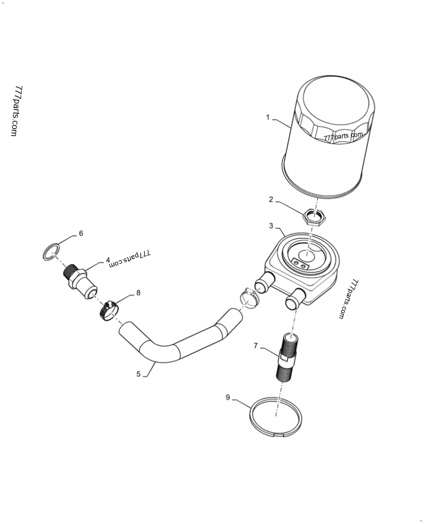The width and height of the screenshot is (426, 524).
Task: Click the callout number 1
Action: (x=268, y=117)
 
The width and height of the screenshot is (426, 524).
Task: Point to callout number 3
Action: (x=271, y=226)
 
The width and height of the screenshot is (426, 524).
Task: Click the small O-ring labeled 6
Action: (x=51, y=252)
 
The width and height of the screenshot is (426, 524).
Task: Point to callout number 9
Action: (x=227, y=397)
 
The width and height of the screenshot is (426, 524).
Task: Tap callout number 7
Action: (x=256, y=346)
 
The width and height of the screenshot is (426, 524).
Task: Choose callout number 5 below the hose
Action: (x=138, y=374)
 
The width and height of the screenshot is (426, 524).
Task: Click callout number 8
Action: (x=138, y=292)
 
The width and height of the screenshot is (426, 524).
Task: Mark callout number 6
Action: (x=81, y=233)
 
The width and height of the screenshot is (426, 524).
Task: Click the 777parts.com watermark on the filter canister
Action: (x=343, y=137)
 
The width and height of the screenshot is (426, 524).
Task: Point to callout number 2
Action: (x=271, y=199)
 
